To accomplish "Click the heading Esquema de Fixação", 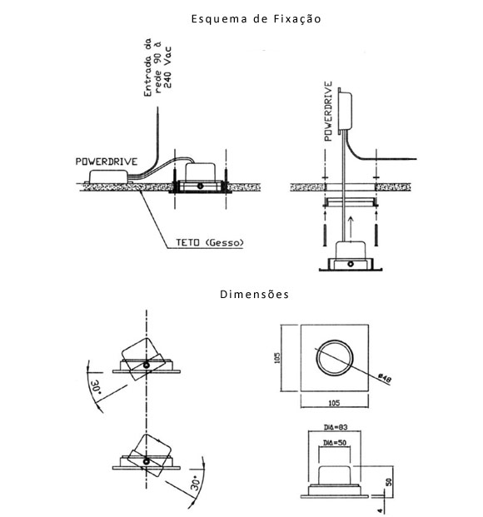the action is coord(256,19).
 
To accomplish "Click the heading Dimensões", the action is coord(254,294).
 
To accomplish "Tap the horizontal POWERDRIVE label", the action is coord(107,162).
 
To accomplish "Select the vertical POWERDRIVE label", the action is coord(328,112).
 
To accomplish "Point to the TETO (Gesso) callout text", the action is coord(210,242).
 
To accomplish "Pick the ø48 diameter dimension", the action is coord(385,378).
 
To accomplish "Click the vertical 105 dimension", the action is coord(277,358).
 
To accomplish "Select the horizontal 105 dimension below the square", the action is coord(334,403).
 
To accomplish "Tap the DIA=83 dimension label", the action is coord(336,427).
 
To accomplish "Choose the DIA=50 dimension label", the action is coord(335,442).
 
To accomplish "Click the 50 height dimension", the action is coord(389,482).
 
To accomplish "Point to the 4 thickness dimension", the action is coord(381,510).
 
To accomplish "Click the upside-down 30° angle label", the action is coord(97,387).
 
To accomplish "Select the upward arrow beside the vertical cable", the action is coord(351,227).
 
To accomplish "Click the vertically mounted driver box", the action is coord(345,111).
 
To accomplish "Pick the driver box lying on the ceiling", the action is coord(108,176).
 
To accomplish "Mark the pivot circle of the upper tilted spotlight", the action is coord(147,365).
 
